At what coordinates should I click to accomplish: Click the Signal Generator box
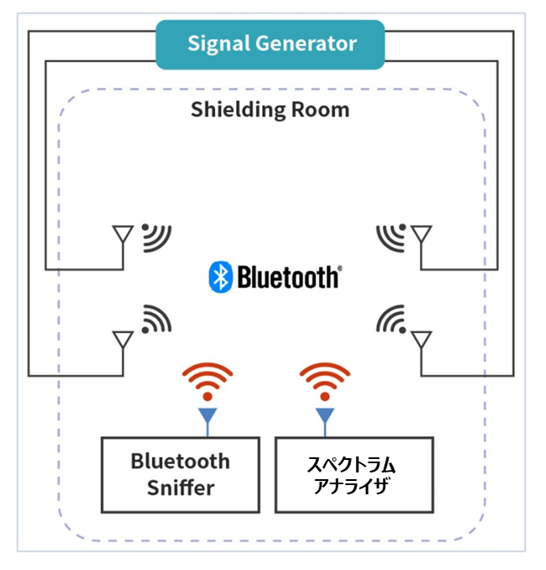pos(270,44)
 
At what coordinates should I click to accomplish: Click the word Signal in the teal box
pos(216,44)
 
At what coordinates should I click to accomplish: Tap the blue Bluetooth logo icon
pos(220,277)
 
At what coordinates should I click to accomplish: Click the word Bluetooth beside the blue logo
pos(289,277)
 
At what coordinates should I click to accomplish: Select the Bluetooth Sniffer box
pos(180,474)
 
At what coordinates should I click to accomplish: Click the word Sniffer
pos(180,488)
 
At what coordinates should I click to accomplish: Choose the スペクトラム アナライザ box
pos(354,474)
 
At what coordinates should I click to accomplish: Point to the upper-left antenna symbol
pos(123,236)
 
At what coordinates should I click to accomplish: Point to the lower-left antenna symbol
pos(123,340)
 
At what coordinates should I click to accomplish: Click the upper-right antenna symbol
pos(421,236)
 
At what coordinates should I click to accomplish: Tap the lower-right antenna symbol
pos(421,340)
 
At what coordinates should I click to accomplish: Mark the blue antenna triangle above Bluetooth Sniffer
pos(208,414)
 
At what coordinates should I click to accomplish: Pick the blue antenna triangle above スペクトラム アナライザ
pos(325,414)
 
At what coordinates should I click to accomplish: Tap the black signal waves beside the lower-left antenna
pos(155,319)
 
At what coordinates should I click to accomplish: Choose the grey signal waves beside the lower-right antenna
pos(390,319)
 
